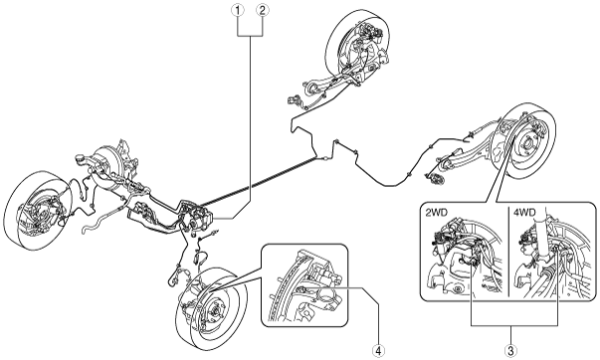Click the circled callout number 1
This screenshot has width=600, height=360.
point(238,10)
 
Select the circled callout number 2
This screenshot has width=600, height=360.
point(263,10)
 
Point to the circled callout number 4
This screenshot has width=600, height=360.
point(378,350)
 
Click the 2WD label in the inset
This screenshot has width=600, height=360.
point(437,213)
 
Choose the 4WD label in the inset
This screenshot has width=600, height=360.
point(526,213)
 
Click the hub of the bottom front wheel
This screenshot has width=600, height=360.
point(217,308)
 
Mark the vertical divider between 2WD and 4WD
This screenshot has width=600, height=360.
point(508,252)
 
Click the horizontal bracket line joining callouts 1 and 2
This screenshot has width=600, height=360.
point(251,36)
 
